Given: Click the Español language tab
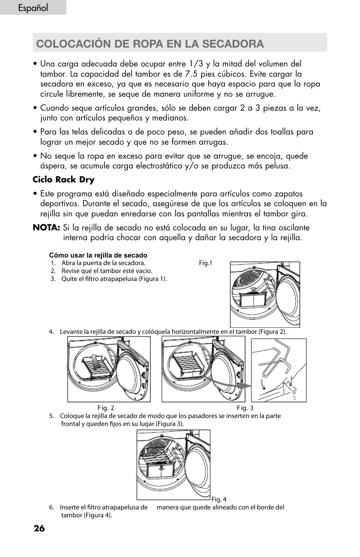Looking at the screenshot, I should click(x=33, y=8).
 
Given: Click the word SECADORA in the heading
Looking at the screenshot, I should click(x=233, y=44).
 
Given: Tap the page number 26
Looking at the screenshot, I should click(x=39, y=528).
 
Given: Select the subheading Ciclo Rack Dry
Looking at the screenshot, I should click(x=63, y=180).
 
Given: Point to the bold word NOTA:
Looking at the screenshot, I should click(x=46, y=228).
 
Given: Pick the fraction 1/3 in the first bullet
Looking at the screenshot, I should click(x=196, y=64).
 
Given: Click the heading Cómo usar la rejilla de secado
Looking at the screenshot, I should click(x=98, y=255).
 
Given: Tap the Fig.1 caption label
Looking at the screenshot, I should click(x=206, y=263).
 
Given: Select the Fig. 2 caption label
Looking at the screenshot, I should click(x=106, y=408).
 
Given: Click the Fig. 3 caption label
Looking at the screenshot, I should click(x=245, y=408).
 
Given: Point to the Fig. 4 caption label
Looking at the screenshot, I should click(x=219, y=499).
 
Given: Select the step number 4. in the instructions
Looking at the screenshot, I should click(x=51, y=332).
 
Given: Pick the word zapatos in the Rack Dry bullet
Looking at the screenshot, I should click(x=288, y=194).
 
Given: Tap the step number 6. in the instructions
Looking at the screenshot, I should click(x=51, y=508).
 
